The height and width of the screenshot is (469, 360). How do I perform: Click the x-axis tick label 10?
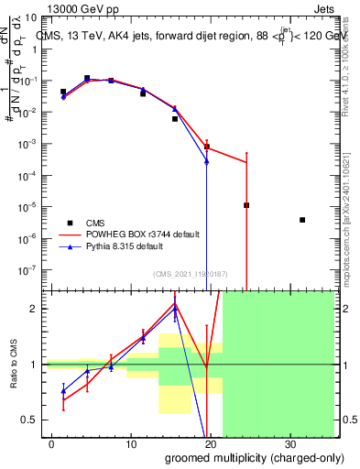130,444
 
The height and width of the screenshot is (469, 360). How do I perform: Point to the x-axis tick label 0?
51,444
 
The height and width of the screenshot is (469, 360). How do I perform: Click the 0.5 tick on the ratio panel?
30,420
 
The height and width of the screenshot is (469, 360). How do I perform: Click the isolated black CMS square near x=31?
302,220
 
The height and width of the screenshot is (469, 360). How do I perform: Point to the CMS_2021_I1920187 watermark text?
189,274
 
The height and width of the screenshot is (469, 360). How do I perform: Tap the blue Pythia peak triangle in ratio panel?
175,310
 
